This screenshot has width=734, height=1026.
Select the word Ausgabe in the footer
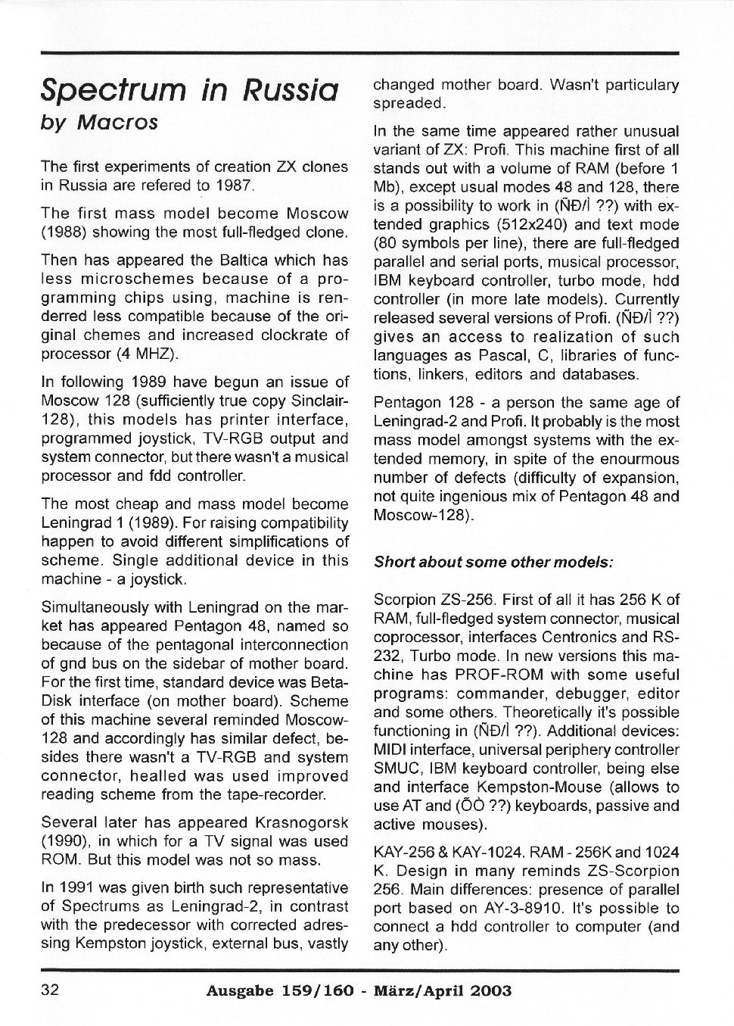pyautogui.click(x=240, y=990)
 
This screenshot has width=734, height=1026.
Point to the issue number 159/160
pyautogui.click(x=319, y=990)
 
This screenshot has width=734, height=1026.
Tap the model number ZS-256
pyautogui.click(x=466, y=600)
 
